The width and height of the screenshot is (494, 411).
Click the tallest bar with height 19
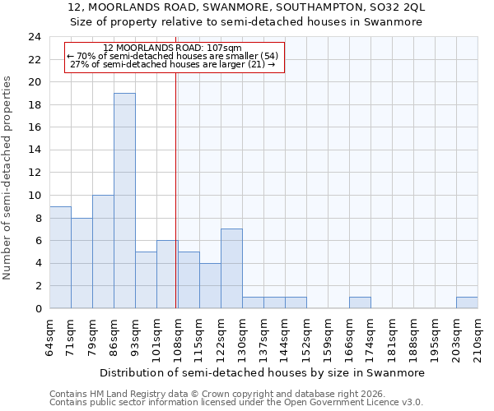pyautogui.click(x=124, y=201)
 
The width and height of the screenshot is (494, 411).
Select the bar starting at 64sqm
pyautogui.click(x=60, y=257)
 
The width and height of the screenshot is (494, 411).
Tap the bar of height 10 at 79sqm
pyautogui.click(x=103, y=252)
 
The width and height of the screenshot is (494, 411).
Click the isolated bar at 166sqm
pyautogui.click(x=360, y=302)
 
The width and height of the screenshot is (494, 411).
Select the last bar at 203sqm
pyautogui.click(x=467, y=302)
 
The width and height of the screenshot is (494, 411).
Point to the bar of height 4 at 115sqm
pyautogui.click(x=210, y=285)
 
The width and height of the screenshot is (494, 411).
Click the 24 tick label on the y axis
pyautogui.click(x=34, y=37)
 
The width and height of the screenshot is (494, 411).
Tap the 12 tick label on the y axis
pyautogui.click(x=34, y=173)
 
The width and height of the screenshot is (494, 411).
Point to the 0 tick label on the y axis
pyautogui.click(x=37, y=308)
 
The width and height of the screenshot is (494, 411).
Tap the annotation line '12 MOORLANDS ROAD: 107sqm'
pyautogui.click(x=173, y=48)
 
